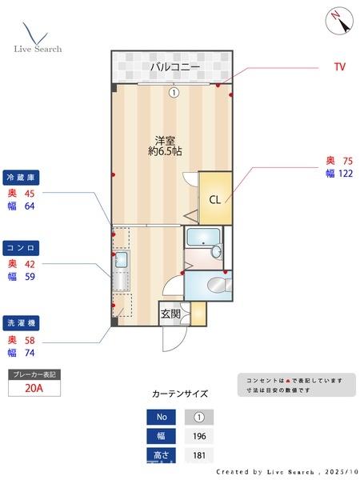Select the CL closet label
(214, 199)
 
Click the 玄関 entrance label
(170, 314)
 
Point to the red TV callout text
(340, 67)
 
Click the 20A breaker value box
(34, 388)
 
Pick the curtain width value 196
(199, 436)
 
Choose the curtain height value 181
(199, 455)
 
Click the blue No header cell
(160, 417)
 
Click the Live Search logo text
(38, 49)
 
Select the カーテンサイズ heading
(180, 394)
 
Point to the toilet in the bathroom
(215, 285)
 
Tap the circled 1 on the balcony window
(173, 93)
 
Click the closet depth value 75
(347, 160)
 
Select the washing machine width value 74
(30, 352)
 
